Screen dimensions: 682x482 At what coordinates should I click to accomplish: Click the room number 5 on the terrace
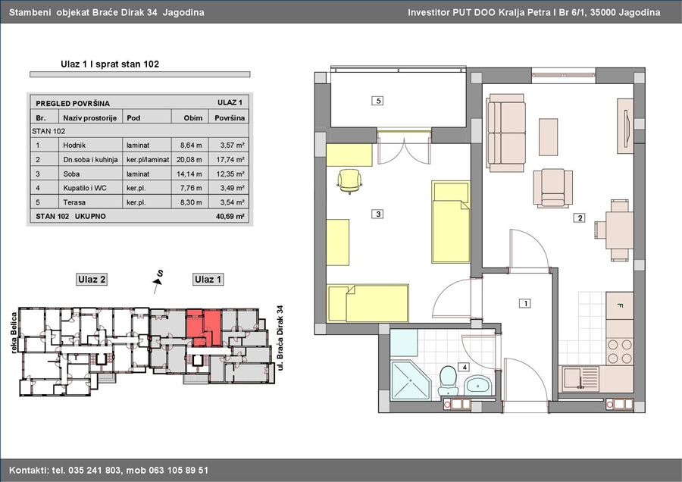click(x=378, y=101)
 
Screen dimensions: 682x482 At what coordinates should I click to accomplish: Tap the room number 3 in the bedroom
click(x=378, y=214)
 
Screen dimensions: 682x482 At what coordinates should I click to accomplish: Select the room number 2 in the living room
click(x=580, y=218)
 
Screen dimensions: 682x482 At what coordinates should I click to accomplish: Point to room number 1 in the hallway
click(x=525, y=303)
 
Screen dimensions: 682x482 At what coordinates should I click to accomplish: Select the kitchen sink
click(x=578, y=377)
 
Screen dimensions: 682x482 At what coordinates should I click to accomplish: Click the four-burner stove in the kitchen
click(x=620, y=352)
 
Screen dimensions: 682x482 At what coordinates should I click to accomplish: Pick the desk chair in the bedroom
click(x=349, y=181)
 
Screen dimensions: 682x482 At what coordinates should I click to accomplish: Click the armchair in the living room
click(x=552, y=187)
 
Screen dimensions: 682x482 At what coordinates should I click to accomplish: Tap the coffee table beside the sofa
click(x=549, y=136)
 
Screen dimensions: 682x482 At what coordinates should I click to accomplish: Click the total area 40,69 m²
click(x=230, y=216)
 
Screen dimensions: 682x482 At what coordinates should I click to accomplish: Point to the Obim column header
click(x=192, y=118)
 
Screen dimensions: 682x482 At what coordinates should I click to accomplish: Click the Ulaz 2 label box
click(x=92, y=280)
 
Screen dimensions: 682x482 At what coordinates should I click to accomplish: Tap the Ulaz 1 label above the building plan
click(x=208, y=280)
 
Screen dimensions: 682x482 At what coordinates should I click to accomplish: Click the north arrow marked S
click(x=158, y=280)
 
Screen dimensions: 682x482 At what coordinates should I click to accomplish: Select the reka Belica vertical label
click(x=14, y=333)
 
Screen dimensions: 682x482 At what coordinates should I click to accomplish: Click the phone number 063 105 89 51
click(x=179, y=471)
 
